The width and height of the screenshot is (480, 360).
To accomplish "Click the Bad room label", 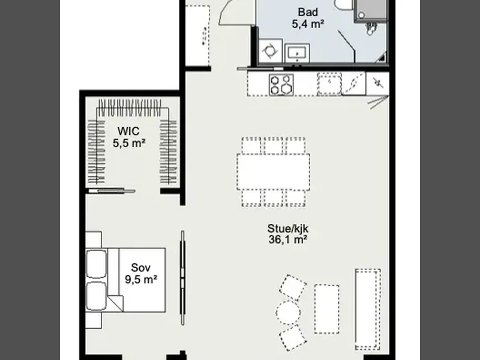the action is (308, 12).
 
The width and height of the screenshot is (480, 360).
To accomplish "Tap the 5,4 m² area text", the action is (308, 24).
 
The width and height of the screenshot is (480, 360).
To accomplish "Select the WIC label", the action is (128, 131).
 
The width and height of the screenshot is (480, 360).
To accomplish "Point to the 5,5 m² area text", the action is (129, 143).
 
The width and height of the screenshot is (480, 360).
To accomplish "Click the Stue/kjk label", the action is (288, 229).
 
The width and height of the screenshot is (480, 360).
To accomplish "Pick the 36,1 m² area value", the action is (288, 239).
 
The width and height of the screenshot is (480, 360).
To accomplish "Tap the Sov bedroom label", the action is (141, 268).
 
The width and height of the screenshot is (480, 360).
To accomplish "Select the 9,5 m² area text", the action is (141, 280).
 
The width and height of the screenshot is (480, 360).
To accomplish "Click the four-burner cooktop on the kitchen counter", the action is (281, 85).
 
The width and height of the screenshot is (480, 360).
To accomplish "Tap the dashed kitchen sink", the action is (329, 83).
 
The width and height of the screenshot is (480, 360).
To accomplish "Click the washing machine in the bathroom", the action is (271, 51).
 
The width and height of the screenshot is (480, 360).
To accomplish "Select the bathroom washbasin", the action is (297, 53).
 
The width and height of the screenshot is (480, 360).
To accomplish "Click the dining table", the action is (274, 172).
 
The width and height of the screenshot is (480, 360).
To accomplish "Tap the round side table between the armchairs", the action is (289, 313).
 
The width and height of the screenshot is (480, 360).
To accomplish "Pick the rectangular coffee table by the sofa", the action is (327, 309).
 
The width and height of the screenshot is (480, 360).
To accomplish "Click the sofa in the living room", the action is (368, 309).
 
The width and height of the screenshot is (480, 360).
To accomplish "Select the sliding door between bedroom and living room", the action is (183, 278).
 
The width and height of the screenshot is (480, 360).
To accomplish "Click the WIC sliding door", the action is (112, 191).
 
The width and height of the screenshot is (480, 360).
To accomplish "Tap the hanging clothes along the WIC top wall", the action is (129, 108).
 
